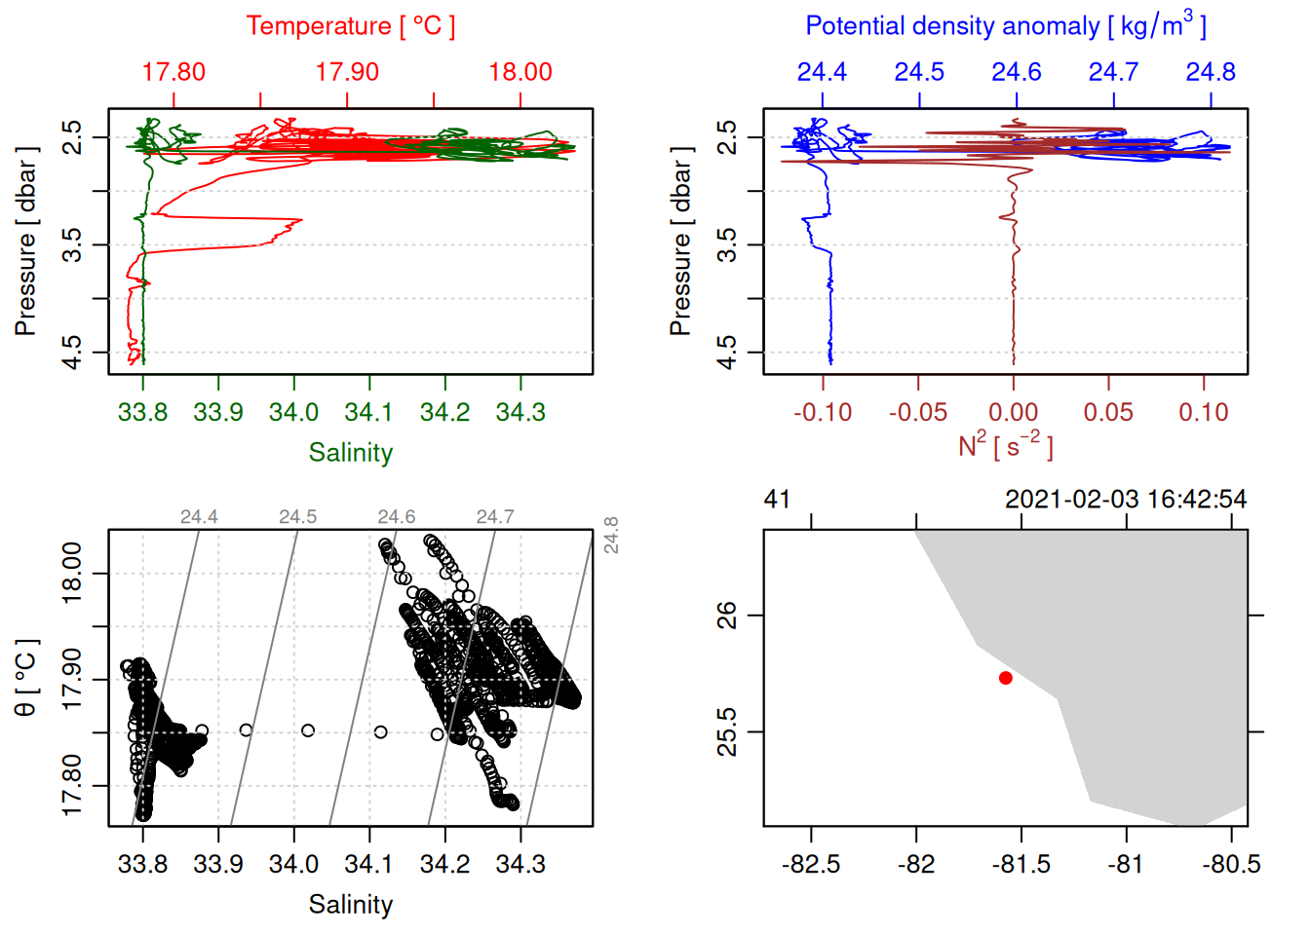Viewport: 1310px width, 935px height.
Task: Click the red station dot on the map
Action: click(1006, 678)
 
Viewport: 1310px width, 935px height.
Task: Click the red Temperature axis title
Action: click(350, 26)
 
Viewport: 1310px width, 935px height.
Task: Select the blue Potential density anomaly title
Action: click(1005, 25)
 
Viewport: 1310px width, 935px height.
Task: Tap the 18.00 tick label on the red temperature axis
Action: click(520, 72)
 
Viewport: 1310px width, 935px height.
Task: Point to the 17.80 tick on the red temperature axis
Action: click(173, 72)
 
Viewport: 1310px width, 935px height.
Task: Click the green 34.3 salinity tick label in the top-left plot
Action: click(520, 412)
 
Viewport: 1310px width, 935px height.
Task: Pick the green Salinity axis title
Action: click(350, 453)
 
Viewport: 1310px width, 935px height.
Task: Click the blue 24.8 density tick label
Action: click(1211, 72)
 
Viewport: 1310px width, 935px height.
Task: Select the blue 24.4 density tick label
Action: click(822, 72)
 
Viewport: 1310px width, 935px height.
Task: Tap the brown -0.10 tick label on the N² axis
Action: click(823, 412)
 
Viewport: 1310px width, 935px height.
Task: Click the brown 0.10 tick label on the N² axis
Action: click(1204, 412)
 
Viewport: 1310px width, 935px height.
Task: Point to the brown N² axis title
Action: click(1005, 446)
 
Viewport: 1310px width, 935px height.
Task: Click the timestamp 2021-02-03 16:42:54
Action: click(1126, 500)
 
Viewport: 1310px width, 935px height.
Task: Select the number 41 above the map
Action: click(777, 500)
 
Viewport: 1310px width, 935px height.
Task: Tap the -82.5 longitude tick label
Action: click(811, 864)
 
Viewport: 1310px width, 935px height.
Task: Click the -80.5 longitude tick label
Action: click(1232, 864)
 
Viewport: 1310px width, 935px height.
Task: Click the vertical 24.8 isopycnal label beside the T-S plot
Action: click(611, 535)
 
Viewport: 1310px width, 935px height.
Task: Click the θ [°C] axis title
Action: click(25, 678)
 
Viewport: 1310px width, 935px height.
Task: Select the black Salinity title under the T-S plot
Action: click(350, 905)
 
